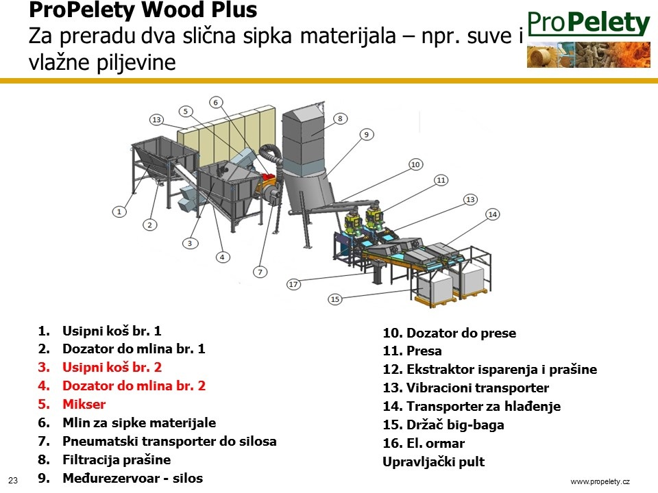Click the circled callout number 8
(341, 118)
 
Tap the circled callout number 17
(293, 284)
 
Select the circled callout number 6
(216, 102)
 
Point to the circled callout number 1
(119, 212)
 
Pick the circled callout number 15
(334, 299)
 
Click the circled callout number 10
(415, 164)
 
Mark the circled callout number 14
(492, 214)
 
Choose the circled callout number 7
(260, 272)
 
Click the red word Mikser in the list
(84, 404)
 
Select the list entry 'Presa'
(424, 351)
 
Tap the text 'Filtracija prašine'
(117, 460)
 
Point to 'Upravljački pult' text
(433, 462)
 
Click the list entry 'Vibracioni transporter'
(478, 388)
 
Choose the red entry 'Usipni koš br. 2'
(112, 367)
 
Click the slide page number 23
(13, 481)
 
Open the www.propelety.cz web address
(600, 481)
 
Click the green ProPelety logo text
(589, 23)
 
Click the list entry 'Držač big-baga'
(455, 425)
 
